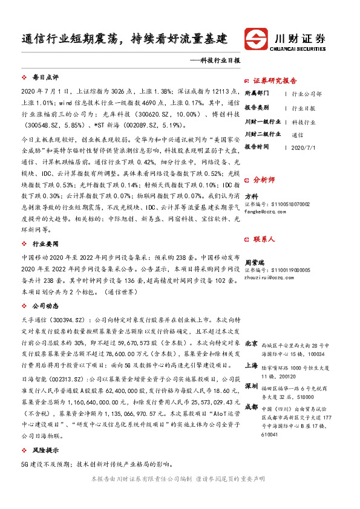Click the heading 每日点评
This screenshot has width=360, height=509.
[x=45, y=78]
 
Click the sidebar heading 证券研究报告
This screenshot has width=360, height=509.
[x=275, y=80]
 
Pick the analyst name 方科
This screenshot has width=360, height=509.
[x=252, y=196]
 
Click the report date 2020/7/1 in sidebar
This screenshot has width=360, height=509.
[x=303, y=147]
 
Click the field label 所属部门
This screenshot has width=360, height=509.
[x=257, y=94]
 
